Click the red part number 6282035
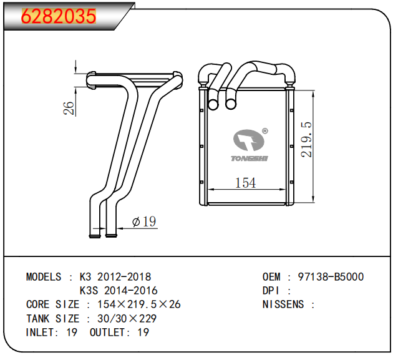pos(59,16)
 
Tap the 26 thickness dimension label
pos(69,108)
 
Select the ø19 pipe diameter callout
pos(144,221)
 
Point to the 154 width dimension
pos(245,183)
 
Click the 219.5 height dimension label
pos(306,139)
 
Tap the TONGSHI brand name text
pos(250,158)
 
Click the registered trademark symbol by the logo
pos(265,131)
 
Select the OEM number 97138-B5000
pos(331,277)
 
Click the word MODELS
pos(44,277)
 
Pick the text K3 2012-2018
pos(115,277)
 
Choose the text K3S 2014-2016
pos(119,291)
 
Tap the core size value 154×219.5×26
pos(139,304)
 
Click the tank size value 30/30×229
pos(127,318)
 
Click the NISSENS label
pos(283,304)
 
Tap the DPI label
pos(271,291)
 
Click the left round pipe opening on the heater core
pos(213,104)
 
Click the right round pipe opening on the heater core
pos(231,104)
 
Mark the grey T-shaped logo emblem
pos(248,140)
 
